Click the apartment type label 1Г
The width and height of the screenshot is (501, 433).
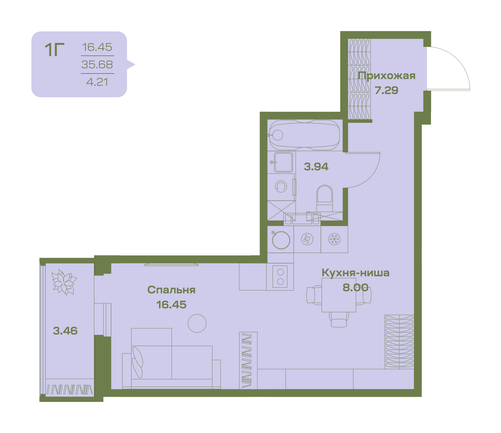tap(54, 50)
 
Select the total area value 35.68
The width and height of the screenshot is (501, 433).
tap(97, 64)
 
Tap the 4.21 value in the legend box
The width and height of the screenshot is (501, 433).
tap(97, 82)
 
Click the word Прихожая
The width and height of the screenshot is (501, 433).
tap(386, 76)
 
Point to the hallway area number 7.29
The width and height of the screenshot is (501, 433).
tap(386, 90)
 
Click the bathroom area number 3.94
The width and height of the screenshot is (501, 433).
tap(316, 167)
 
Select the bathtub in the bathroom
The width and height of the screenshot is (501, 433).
tap(304, 135)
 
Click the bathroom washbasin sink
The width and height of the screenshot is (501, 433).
tap(283, 162)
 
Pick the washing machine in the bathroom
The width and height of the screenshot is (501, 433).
tap(281, 187)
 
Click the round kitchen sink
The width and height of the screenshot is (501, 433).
tap(281, 240)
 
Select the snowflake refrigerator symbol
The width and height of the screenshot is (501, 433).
tap(335, 239)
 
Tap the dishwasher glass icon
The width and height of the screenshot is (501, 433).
tap(307, 239)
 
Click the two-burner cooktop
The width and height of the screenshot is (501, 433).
tap(280, 277)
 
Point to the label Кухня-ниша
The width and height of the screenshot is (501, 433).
tap(355, 273)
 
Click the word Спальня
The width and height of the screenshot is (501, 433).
tap(171, 290)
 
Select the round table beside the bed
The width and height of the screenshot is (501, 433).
tap(197, 323)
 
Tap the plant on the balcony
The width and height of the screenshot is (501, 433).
tap(64, 282)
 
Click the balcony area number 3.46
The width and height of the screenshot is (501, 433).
tap(65, 331)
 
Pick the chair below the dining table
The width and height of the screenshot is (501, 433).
tap(339, 320)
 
